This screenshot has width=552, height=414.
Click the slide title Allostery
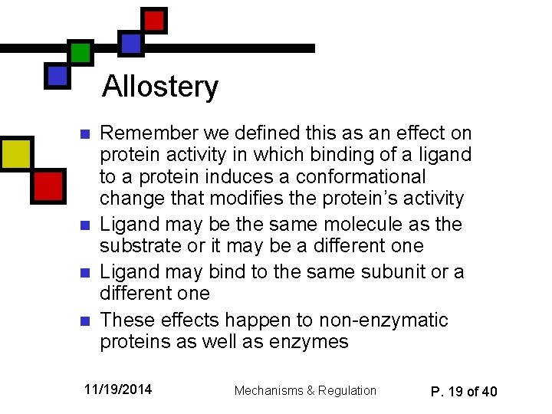pos(160,86)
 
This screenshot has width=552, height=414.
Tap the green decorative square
pos(80,52)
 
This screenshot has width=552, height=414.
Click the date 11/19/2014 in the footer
pos(118,390)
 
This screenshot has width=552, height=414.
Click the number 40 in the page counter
pos(488,392)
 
